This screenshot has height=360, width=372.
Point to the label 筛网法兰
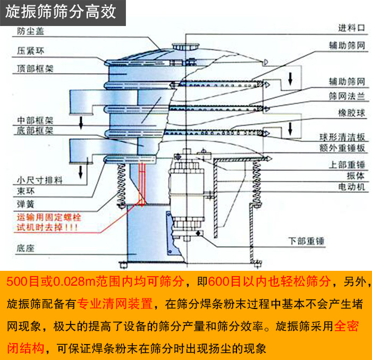[347, 95]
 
